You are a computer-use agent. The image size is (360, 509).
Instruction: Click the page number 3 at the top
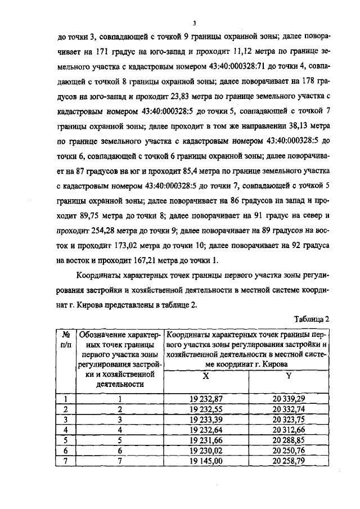(194, 23)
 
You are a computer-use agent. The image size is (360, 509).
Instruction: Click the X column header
(204, 377)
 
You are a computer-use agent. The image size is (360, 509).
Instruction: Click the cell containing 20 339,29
(289, 399)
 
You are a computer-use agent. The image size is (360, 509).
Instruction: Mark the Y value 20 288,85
(289, 439)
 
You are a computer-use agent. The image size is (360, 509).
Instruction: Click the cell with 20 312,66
(289, 429)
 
